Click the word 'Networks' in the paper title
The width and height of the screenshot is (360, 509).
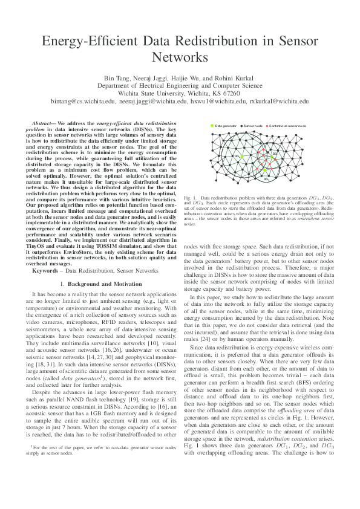[x=180, y=57]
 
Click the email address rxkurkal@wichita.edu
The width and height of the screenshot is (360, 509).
[x=279, y=103]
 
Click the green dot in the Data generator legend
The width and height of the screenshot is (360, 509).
[x=212, y=126]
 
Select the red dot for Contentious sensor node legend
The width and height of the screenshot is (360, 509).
[x=267, y=126]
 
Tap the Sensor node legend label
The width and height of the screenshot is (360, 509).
[x=252, y=126]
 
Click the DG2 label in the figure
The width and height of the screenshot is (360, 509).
[x=275, y=154]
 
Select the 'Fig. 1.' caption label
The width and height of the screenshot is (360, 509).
[x=190, y=198]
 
